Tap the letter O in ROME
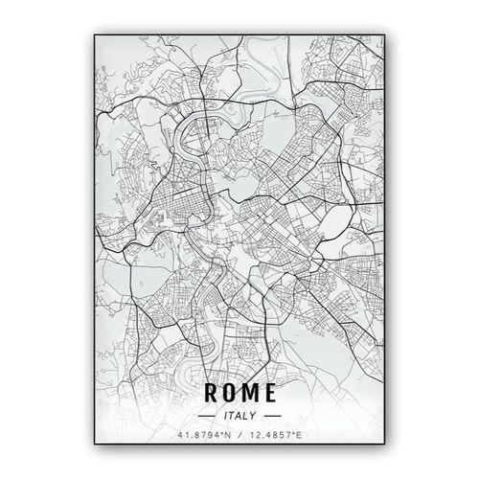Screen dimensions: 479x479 [x=230, y=393]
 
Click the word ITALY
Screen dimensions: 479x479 [x=239, y=416]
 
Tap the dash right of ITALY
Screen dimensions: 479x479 [x=271, y=416]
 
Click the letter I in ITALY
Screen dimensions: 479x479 [x=225, y=416]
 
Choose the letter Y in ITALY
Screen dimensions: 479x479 [x=254, y=416]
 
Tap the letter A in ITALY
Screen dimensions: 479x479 [x=239, y=416]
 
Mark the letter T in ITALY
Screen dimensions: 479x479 [x=232, y=416]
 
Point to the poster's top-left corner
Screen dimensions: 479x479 [x=94, y=34]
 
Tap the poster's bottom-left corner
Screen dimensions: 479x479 [x=94, y=448]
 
